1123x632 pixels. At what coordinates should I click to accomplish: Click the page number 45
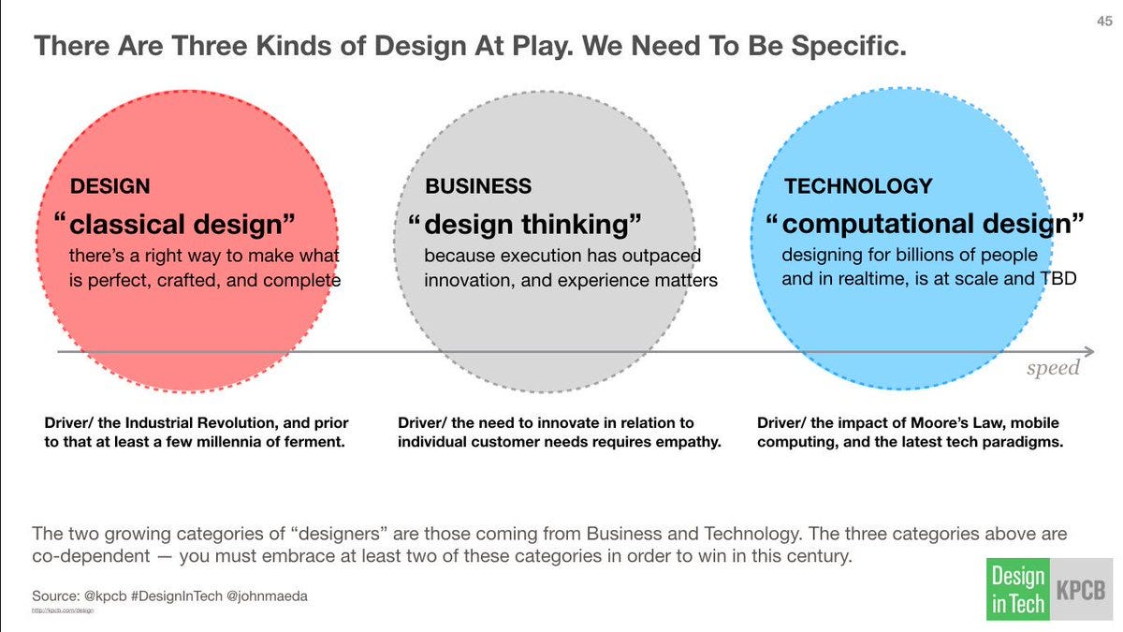pyautogui.click(x=1102, y=22)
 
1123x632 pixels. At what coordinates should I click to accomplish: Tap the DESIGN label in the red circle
pyautogui.click(x=109, y=186)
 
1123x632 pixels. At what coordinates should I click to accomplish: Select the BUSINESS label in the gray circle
pyautogui.click(x=478, y=186)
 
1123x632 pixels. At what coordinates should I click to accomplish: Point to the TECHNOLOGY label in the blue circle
pyautogui.click(x=858, y=186)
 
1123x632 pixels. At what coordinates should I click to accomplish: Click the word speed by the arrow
pyautogui.click(x=1053, y=368)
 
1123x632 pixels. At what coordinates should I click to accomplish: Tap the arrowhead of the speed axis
pyautogui.click(x=1096, y=352)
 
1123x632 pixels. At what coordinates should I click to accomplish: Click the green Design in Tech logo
pyautogui.click(x=1017, y=589)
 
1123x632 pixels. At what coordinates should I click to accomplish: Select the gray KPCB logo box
pyautogui.click(x=1080, y=589)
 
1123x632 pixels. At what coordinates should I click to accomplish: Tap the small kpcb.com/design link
pyautogui.click(x=63, y=610)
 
